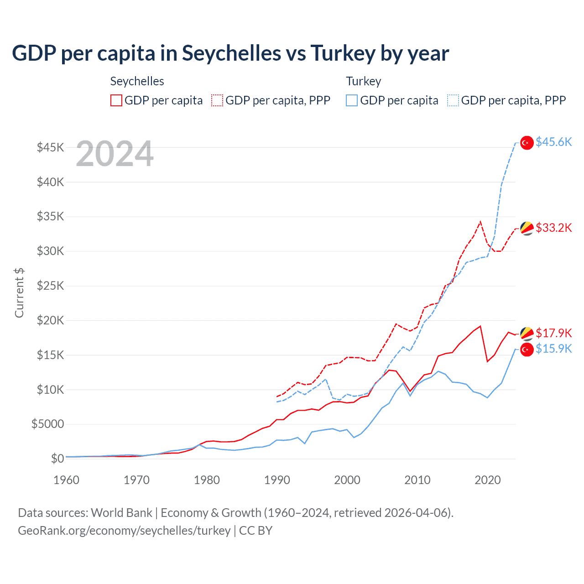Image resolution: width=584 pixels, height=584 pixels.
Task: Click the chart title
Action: [230, 53]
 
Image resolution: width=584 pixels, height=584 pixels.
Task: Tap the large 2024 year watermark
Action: [115, 154]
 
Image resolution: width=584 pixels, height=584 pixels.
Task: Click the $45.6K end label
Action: [553, 142]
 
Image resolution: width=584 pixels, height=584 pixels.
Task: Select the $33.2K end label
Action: [553, 228]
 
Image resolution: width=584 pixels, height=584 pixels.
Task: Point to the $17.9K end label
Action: [553, 333]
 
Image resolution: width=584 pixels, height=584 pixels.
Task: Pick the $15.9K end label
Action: [553, 349]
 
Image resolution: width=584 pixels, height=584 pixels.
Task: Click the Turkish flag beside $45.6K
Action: [527, 143]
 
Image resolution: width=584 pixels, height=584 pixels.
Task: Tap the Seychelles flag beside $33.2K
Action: [527, 228]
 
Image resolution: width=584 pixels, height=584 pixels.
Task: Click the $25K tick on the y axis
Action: [51, 286]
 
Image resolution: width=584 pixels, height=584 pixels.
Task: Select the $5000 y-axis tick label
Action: [48, 424]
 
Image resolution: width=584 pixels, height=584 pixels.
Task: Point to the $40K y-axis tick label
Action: [51, 182]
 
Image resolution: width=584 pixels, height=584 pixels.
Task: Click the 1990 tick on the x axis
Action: [277, 480]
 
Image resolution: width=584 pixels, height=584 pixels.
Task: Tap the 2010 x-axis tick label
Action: [417, 480]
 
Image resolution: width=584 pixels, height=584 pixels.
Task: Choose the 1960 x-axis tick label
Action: [67, 480]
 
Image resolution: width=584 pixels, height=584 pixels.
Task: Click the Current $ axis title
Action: [19, 292]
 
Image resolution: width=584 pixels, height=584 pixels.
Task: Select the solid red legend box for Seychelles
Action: [116, 100]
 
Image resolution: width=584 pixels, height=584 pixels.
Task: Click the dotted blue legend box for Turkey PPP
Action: [453, 100]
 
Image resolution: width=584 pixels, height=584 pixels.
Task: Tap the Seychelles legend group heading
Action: [137, 81]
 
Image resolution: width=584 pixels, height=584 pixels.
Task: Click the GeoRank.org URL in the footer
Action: [124, 531]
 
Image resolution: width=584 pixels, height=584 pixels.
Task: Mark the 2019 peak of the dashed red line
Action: [480, 222]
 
